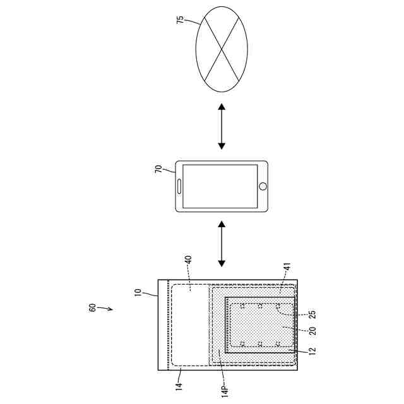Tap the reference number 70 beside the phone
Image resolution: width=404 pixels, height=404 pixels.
[158, 169]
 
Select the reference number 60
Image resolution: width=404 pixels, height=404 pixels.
[92, 307]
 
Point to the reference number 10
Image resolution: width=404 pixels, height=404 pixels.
[138, 294]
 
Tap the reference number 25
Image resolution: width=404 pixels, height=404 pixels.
[312, 313]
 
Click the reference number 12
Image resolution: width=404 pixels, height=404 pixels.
[313, 349]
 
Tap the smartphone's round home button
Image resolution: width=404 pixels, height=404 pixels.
[263, 186]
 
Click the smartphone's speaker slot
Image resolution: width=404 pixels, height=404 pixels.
[180, 186]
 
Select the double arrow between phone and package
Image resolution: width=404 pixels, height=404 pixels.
[222, 243]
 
